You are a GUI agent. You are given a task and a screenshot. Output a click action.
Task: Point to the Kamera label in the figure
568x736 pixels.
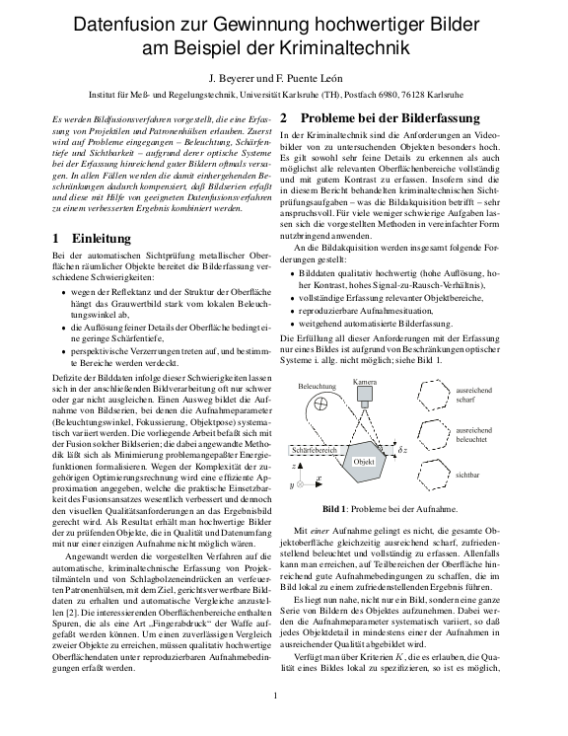click(x=365, y=382)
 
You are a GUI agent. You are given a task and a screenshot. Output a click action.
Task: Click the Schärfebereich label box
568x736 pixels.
click(x=319, y=449)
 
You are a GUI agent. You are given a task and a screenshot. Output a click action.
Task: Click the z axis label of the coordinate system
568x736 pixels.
click(x=295, y=464)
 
